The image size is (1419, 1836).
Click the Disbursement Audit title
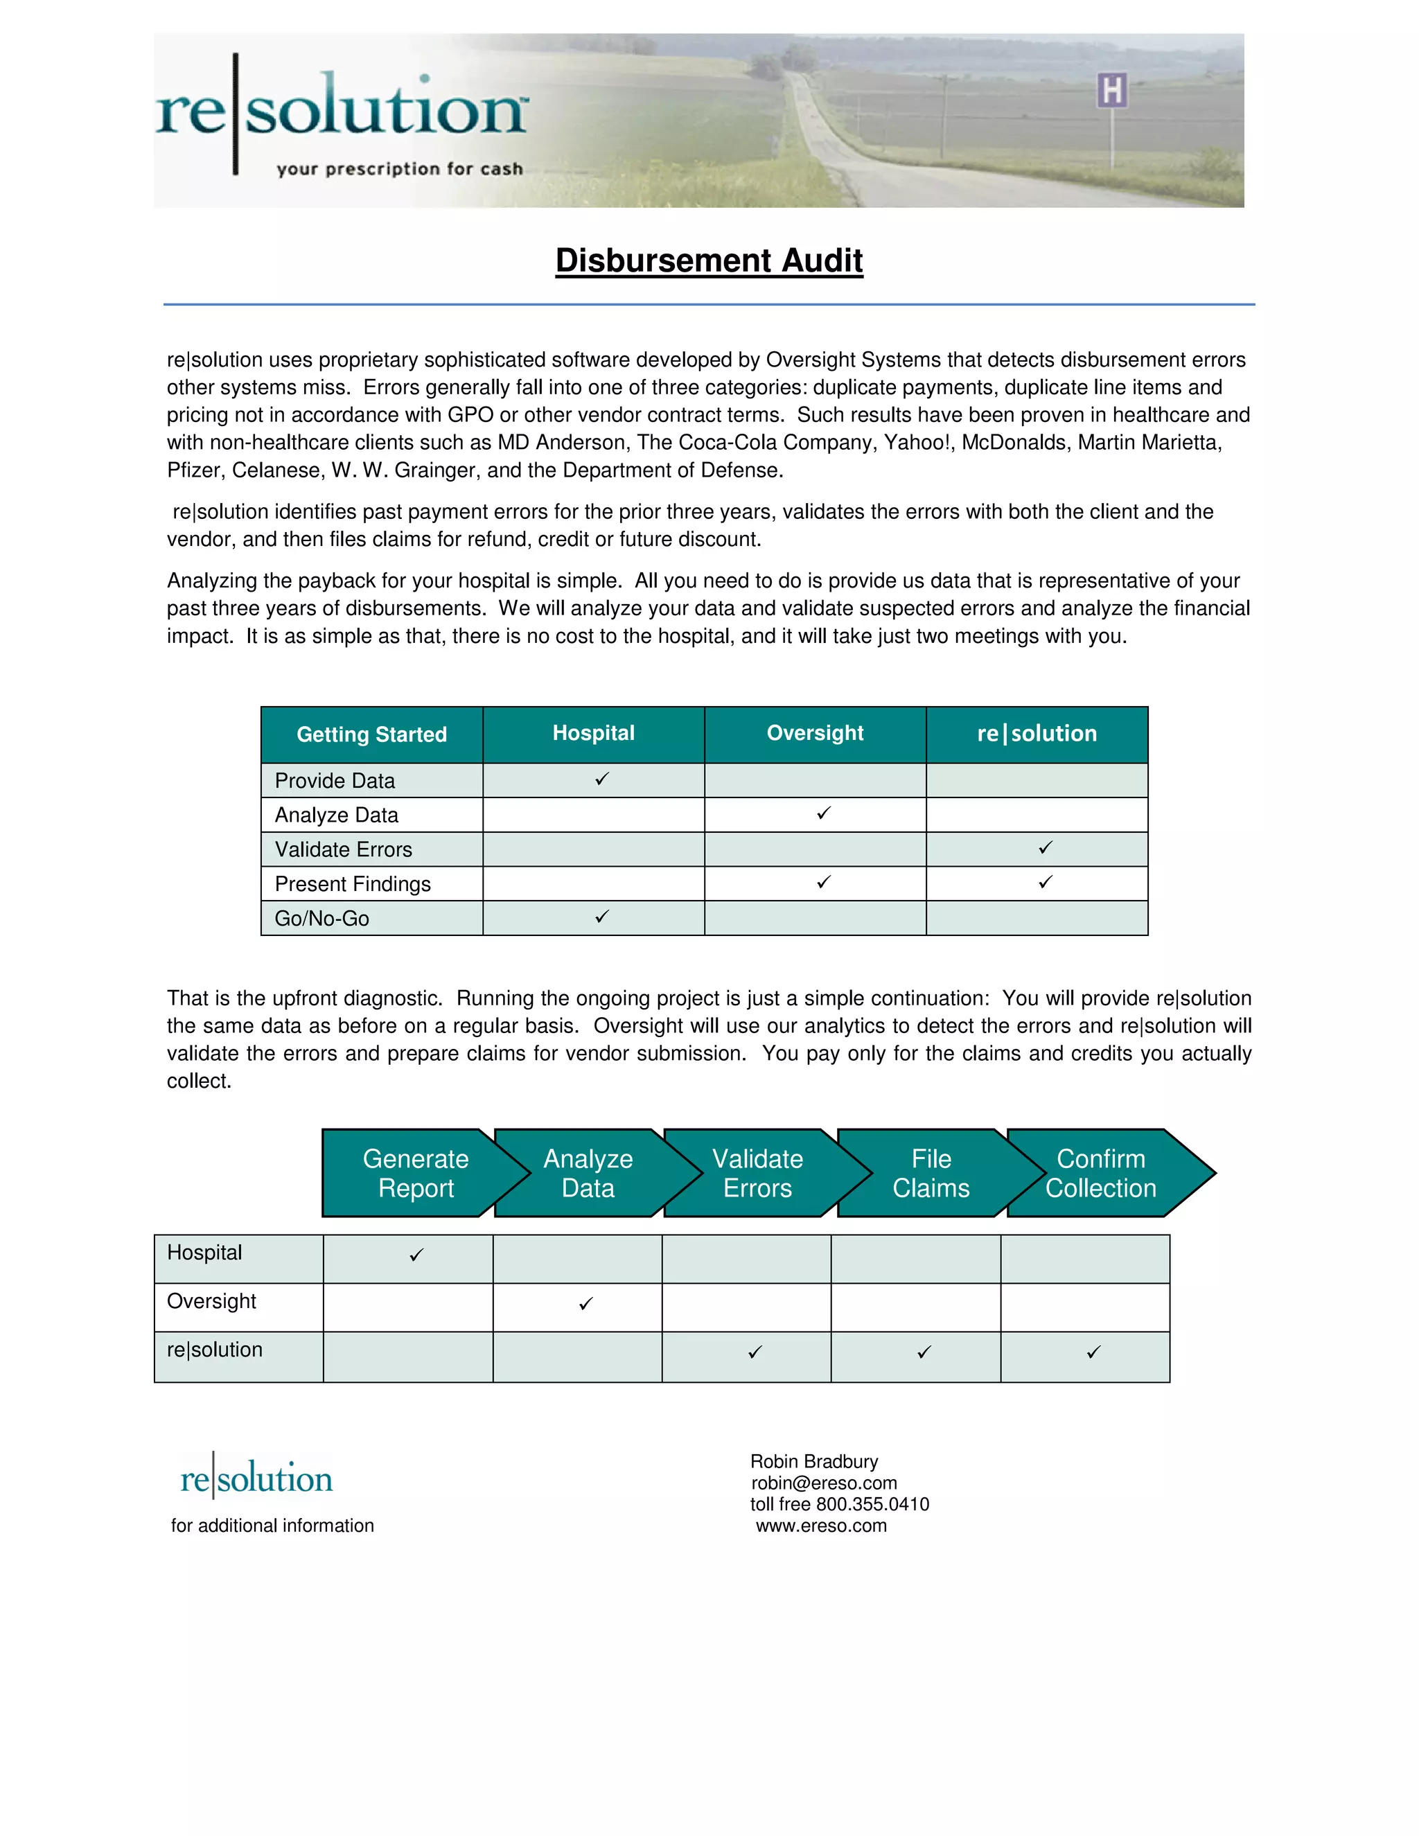(x=709, y=261)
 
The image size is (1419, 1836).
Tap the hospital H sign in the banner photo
(x=1111, y=91)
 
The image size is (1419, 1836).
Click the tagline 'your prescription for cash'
(x=399, y=169)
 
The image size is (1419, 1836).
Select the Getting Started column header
(x=371, y=734)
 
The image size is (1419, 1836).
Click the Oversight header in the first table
(x=815, y=733)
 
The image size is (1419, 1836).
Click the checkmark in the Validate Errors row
(x=1045, y=847)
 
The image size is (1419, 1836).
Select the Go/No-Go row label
(x=322, y=919)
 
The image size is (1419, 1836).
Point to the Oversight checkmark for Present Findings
(x=824, y=882)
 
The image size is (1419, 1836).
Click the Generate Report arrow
(x=415, y=1174)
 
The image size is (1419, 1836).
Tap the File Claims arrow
(x=931, y=1174)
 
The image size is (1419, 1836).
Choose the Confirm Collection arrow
(x=1100, y=1174)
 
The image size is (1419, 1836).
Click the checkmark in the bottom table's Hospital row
(x=416, y=1255)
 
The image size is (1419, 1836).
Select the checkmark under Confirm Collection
(x=1093, y=1352)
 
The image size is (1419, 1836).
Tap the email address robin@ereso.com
(x=824, y=1483)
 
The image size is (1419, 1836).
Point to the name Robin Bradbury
(x=813, y=1461)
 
